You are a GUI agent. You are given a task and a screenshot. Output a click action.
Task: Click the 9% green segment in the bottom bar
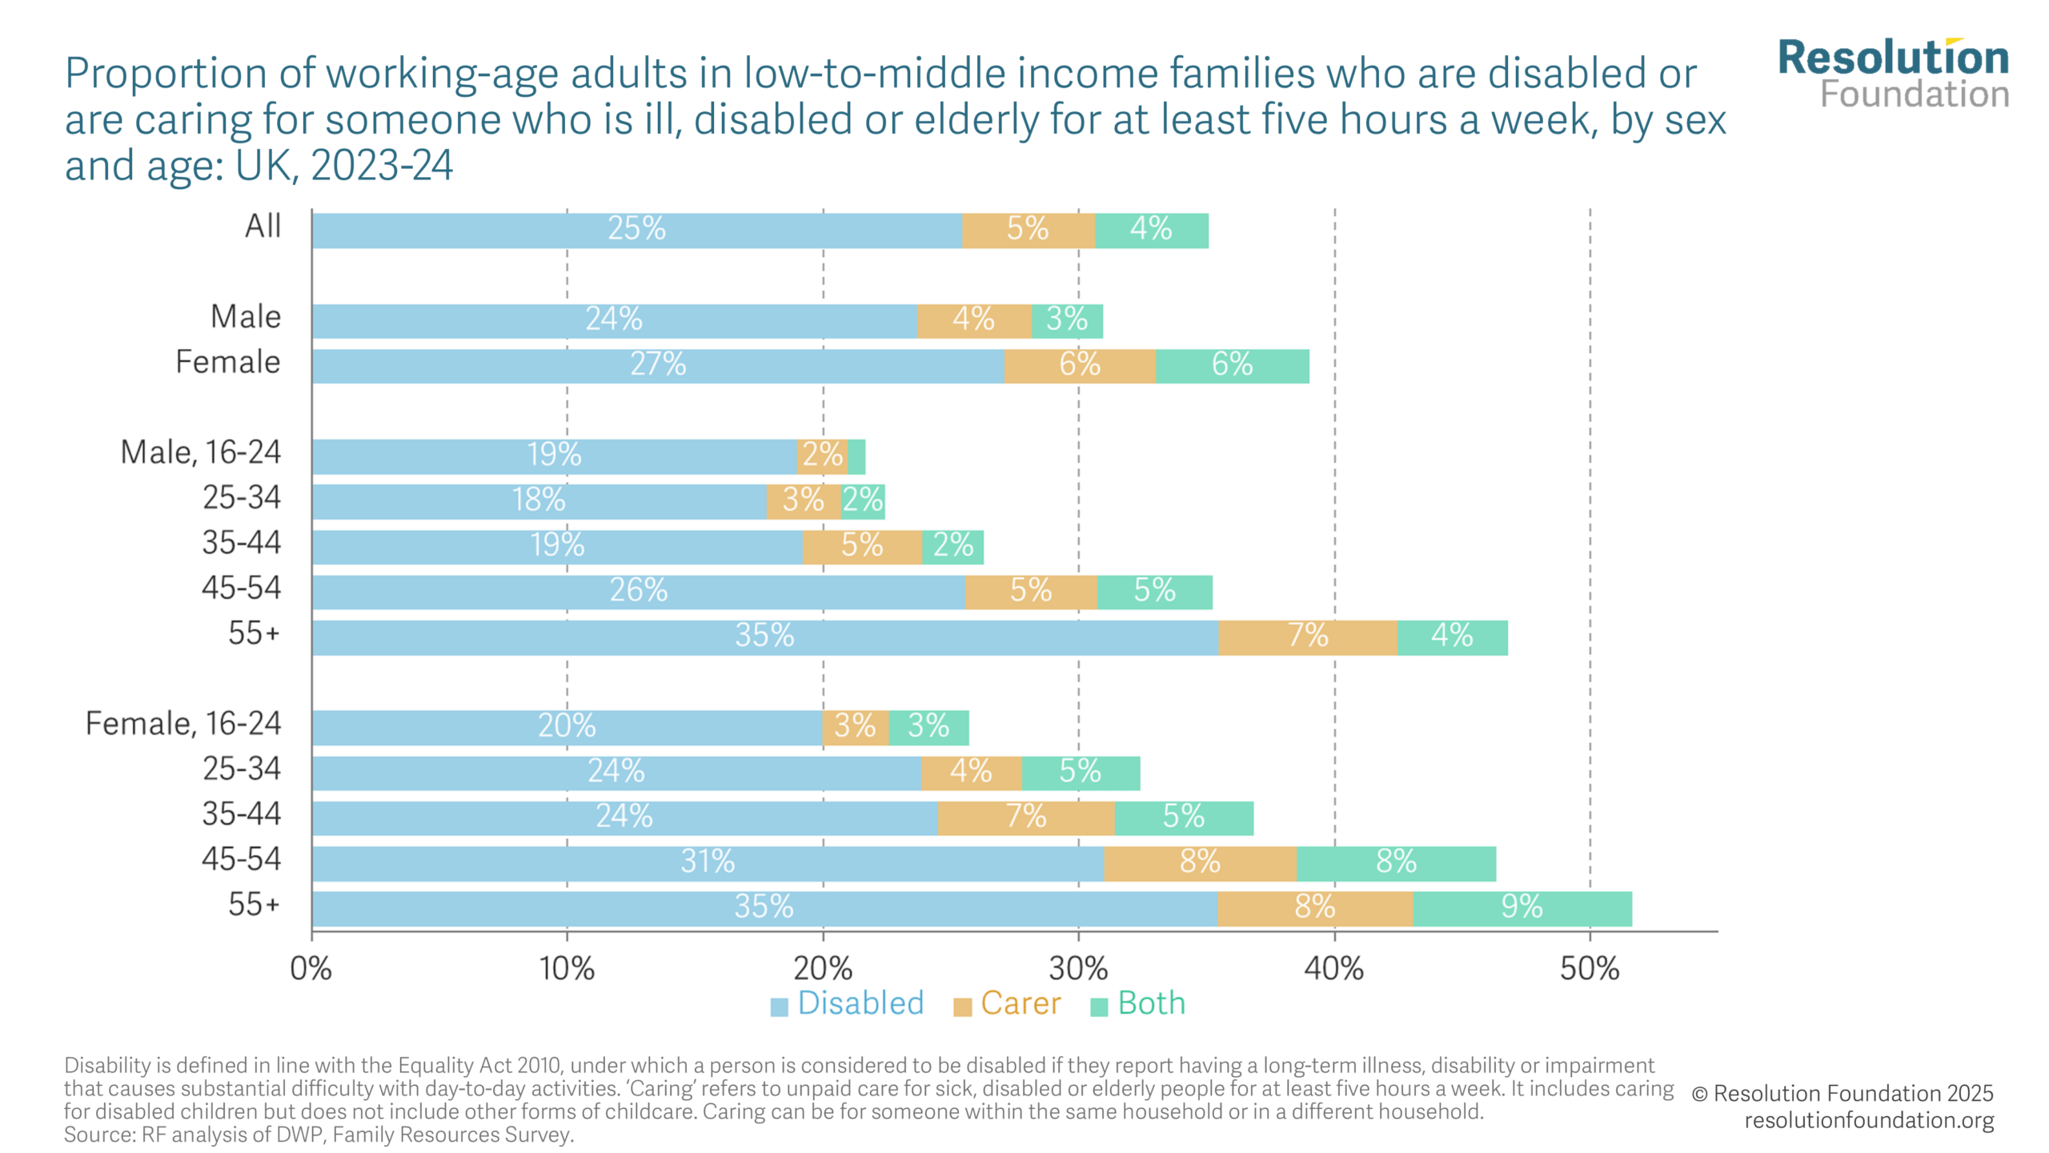(x=1522, y=908)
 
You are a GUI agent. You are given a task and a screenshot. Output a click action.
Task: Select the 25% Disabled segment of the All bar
(x=637, y=231)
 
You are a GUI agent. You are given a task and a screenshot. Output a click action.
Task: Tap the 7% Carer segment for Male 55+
(x=1308, y=637)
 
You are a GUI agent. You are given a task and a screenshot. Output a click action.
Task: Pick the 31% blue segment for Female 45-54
(x=708, y=863)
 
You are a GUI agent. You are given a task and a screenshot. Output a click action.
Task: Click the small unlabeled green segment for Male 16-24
(x=856, y=456)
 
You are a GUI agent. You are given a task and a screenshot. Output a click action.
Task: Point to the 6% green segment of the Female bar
(x=1233, y=366)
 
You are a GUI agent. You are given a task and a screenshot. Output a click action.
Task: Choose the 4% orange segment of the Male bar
(x=974, y=321)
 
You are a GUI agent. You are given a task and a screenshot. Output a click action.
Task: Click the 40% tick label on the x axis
(x=1333, y=969)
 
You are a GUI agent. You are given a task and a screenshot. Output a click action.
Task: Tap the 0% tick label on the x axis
(x=311, y=969)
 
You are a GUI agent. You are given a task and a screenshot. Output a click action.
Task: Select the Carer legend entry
(x=1007, y=1003)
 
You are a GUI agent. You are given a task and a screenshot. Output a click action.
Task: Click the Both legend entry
(x=1137, y=1003)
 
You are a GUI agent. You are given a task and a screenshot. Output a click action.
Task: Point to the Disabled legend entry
(x=847, y=1003)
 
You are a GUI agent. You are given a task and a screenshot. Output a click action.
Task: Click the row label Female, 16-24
(x=183, y=724)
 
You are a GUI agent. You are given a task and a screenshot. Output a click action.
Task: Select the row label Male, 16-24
(x=201, y=452)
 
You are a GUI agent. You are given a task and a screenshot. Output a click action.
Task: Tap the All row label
(x=263, y=226)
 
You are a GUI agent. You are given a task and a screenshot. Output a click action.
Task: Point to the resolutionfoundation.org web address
(x=1869, y=1120)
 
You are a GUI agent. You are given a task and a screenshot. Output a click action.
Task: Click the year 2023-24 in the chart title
(x=382, y=166)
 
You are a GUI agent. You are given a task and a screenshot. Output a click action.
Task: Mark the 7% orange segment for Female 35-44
(x=1026, y=818)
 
